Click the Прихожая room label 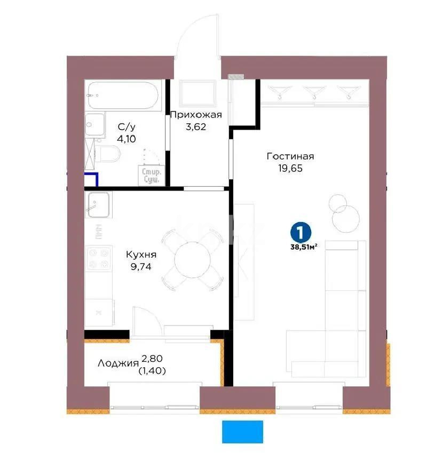pos(195,114)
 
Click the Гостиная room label pos(290,156)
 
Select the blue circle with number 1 pos(301,232)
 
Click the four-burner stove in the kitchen pos(98,258)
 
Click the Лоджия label pos(119,363)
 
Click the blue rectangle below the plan pos(243,431)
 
